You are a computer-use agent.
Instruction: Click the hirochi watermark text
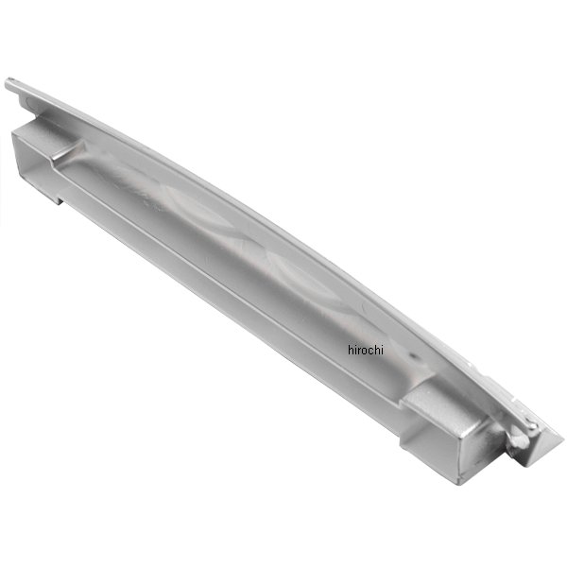(x=365, y=350)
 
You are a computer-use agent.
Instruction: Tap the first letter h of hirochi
(x=351, y=350)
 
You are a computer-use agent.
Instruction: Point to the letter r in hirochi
(x=359, y=351)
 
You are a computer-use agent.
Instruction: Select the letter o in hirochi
(x=364, y=352)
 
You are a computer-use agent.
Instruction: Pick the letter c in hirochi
(x=369, y=352)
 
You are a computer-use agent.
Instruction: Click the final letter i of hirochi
(x=381, y=350)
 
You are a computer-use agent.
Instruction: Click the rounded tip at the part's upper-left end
(x=9, y=83)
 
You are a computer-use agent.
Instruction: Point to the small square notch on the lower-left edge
(x=57, y=198)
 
